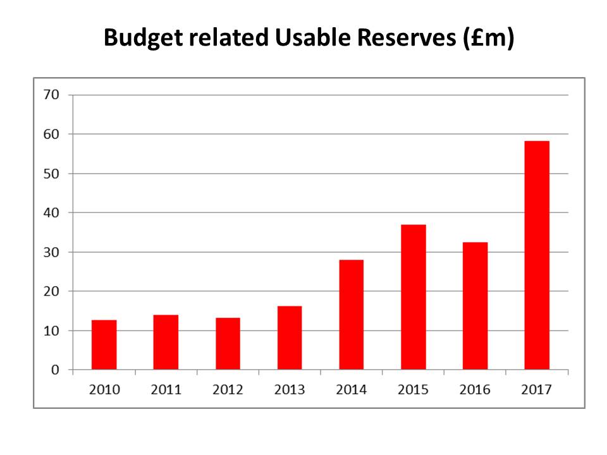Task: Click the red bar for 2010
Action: (x=104, y=345)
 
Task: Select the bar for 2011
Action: (x=166, y=343)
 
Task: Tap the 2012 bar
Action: (x=228, y=344)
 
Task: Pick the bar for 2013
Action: (x=290, y=338)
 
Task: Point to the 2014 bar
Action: (x=351, y=315)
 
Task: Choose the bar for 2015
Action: (x=413, y=297)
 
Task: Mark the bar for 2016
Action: (x=475, y=306)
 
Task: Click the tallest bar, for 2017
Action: (x=537, y=255)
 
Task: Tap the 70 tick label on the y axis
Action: (x=51, y=95)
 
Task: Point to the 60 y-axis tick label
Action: (x=51, y=134)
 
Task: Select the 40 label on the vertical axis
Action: (x=51, y=213)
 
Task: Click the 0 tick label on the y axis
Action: (x=55, y=370)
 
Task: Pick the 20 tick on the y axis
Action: (x=51, y=291)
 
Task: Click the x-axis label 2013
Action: (x=290, y=390)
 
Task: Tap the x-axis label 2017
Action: (x=537, y=390)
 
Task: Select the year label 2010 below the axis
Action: (x=104, y=390)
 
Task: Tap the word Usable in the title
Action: (x=313, y=39)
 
